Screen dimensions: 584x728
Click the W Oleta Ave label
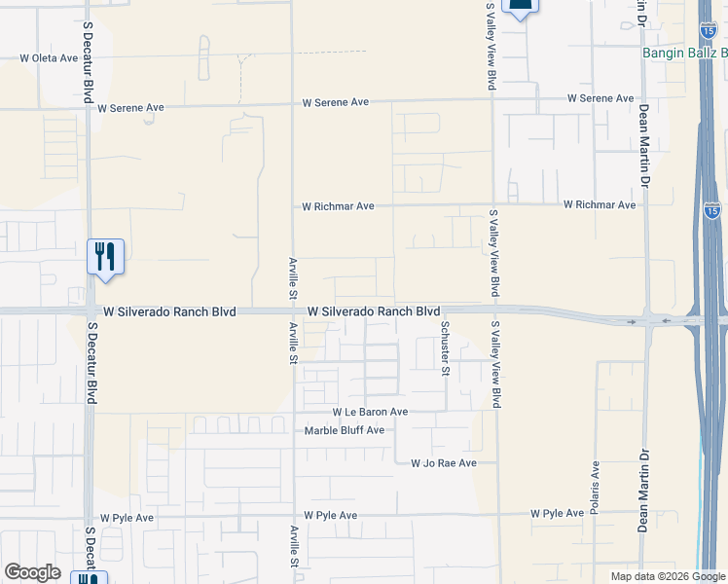tap(49, 58)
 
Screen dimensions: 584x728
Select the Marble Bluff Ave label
tap(345, 430)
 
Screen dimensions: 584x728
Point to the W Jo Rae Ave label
tap(444, 464)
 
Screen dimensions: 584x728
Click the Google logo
tap(32, 572)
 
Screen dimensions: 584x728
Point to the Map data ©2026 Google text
tap(668, 576)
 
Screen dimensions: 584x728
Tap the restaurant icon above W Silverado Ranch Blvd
tap(105, 257)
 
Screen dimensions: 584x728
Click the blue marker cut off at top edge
tap(521, 8)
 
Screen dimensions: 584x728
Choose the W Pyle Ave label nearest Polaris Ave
tap(557, 513)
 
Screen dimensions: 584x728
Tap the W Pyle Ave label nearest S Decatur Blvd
tap(127, 518)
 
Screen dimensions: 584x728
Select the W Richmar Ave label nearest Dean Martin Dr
tap(600, 205)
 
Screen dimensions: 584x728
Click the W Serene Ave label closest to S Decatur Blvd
tap(129, 108)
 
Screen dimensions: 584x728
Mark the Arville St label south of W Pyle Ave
tap(294, 547)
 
